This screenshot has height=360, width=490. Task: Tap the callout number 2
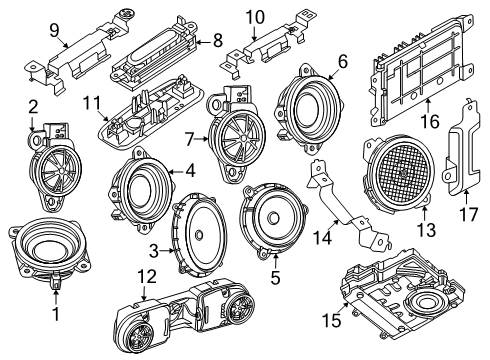pos(33,108)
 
